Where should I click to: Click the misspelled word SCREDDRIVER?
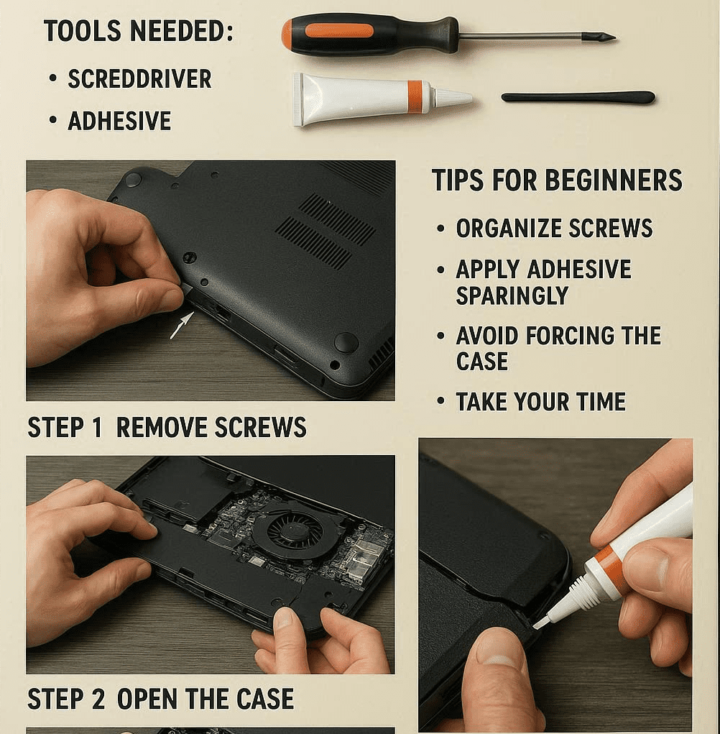139,78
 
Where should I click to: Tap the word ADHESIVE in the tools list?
119,121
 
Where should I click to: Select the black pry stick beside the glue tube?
578,97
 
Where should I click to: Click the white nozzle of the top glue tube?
451,96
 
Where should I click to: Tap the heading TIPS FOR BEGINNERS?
557,180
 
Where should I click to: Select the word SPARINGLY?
512,295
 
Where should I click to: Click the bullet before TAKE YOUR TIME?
440,401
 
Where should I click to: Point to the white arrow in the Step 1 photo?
182,325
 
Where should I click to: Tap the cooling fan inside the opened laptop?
294,533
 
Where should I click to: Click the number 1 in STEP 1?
96,427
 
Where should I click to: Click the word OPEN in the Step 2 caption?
147,699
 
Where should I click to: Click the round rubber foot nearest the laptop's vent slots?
346,342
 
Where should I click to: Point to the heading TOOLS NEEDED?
138,32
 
